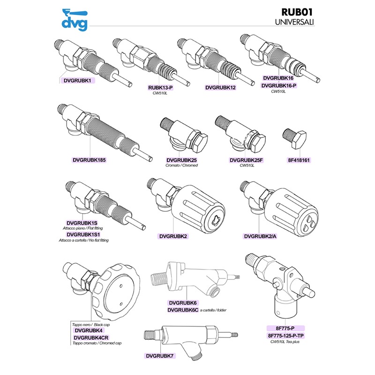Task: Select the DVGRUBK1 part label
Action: point(77,80)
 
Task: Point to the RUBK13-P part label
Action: point(161,87)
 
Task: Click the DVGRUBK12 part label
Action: point(220,87)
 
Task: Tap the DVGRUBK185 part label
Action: point(89,160)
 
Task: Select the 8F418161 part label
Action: point(300,160)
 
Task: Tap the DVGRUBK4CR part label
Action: point(91,337)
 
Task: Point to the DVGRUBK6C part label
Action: point(183,310)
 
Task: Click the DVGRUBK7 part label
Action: point(160,356)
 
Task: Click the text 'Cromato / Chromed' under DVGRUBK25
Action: point(182,165)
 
